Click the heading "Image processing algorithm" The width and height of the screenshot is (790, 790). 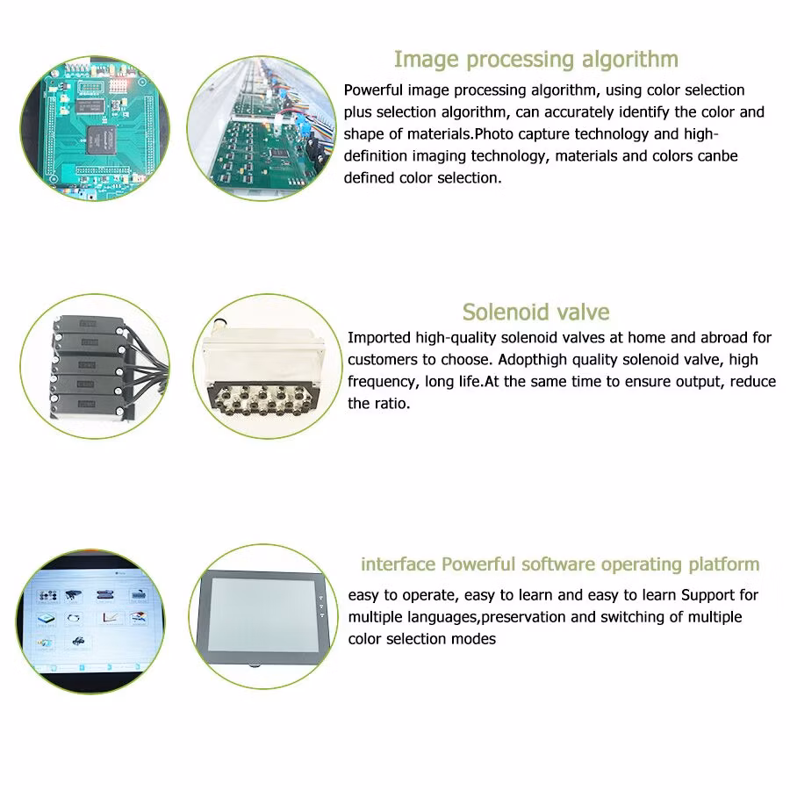pyautogui.click(x=536, y=60)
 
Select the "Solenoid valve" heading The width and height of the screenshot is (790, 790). pyautogui.click(x=536, y=312)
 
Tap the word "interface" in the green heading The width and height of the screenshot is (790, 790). pyautogui.click(x=398, y=564)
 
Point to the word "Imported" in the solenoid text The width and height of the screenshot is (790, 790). pyautogui.click(x=379, y=338)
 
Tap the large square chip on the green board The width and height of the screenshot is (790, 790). pyautogui.click(x=101, y=140)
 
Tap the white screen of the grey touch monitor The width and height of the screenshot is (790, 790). pyautogui.click(x=262, y=614)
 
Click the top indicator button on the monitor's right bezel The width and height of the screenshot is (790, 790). pyautogui.click(x=321, y=598)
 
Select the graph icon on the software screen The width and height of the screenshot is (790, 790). pyautogui.click(x=111, y=617)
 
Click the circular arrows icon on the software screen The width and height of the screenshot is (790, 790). pyautogui.click(x=74, y=618)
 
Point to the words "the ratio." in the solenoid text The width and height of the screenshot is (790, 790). pyautogui.click(x=379, y=404)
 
